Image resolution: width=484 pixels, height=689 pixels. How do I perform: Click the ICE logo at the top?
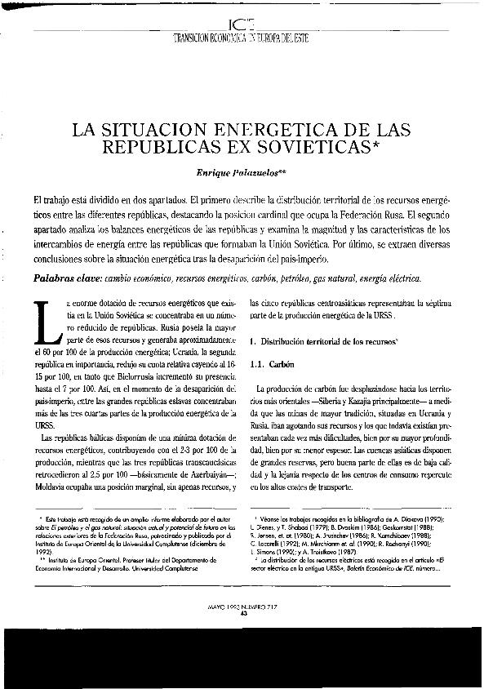click(x=242, y=24)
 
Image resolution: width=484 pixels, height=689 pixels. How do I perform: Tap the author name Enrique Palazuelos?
click(x=239, y=175)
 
